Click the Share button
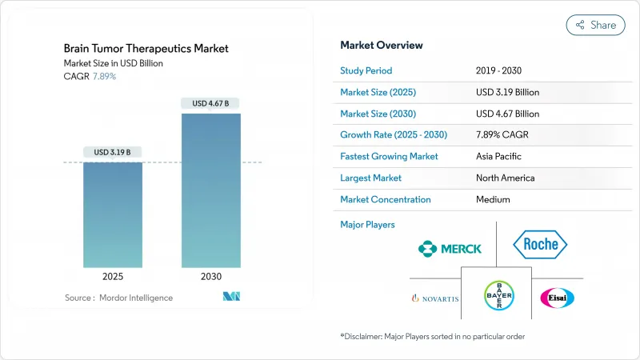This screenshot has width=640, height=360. point(595,25)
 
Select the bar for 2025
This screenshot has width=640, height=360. point(113,214)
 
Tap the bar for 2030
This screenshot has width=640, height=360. point(210,190)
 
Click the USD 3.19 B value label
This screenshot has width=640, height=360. point(113,152)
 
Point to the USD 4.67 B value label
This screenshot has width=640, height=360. point(210,103)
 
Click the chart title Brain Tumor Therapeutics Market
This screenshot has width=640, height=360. point(146,49)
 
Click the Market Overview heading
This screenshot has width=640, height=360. point(382,45)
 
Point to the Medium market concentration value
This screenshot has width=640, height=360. point(493,199)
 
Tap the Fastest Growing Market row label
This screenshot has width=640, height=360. point(389,156)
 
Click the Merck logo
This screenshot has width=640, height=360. point(450,248)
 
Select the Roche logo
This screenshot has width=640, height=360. point(540,245)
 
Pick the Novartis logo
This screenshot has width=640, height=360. point(434,298)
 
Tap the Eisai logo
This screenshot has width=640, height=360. point(557,298)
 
